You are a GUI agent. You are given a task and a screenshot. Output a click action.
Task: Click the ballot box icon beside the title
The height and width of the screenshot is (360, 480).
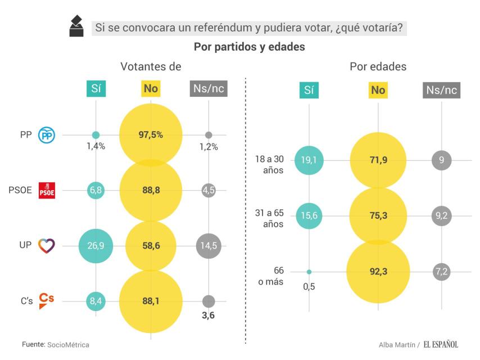(x=76, y=26)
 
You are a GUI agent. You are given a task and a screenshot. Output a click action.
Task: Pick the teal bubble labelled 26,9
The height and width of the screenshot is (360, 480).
(x=96, y=245)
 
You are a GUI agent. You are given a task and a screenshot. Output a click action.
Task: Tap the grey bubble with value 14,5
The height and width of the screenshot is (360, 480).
(x=209, y=245)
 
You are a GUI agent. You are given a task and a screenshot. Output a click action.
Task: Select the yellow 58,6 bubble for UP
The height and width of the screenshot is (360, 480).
(x=151, y=245)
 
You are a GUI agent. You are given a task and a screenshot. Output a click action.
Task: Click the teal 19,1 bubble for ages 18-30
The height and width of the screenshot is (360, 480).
(x=309, y=160)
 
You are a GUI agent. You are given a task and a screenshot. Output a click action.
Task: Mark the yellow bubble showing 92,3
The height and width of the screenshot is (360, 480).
(x=378, y=272)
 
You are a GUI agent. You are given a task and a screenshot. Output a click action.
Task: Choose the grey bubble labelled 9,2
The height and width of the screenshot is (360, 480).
(x=441, y=215)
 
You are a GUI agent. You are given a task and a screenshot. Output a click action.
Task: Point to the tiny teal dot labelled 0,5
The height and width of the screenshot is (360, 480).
(x=309, y=272)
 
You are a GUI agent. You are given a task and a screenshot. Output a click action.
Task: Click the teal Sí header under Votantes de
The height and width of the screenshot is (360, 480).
(x=96, y=89)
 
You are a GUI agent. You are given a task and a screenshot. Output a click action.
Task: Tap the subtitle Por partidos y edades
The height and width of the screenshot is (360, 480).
(x=249, y=47)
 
